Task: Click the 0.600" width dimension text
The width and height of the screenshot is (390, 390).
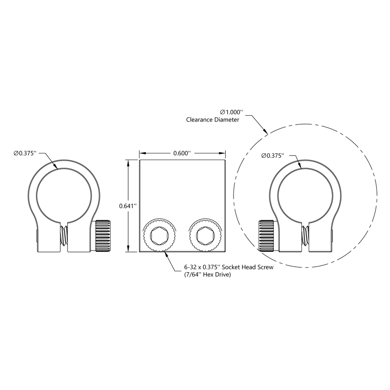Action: pyautogui.click(x=182, y=153)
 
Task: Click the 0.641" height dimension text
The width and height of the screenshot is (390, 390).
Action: pyautogui.click(x=128, y=206)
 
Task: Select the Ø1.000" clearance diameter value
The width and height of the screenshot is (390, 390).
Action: pyautogui.click(x=231, y=112)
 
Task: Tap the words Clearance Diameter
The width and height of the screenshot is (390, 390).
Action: pyautogui.click(x=212, y=120)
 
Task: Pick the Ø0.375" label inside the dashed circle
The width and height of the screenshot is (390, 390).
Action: pyautogui.click(x=273, y=156)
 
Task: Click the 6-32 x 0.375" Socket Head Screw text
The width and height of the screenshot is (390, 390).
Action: pyautogui.click(x=229, y=267)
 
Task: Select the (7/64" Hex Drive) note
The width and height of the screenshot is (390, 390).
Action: pyautogui.click(x=207, y=274)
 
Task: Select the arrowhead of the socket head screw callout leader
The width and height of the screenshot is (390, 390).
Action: pyautogui.click(x=167, y=254)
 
